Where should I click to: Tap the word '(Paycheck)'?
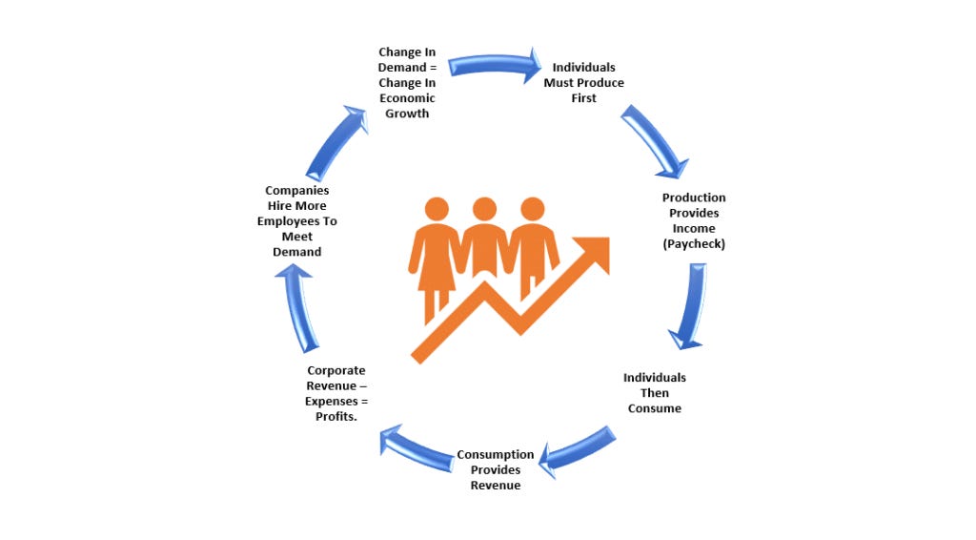694,244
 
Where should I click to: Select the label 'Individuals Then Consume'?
654,393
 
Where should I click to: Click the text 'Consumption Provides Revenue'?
495,469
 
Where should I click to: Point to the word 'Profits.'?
335,417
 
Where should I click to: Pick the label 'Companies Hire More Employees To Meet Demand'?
297,221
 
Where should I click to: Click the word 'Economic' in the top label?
406,98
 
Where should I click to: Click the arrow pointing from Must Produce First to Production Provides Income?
656,143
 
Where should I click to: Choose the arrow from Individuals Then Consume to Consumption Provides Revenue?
579,449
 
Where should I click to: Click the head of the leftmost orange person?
437,209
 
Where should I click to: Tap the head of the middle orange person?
484,209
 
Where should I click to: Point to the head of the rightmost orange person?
533,209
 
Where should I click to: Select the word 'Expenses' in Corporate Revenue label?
331,402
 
